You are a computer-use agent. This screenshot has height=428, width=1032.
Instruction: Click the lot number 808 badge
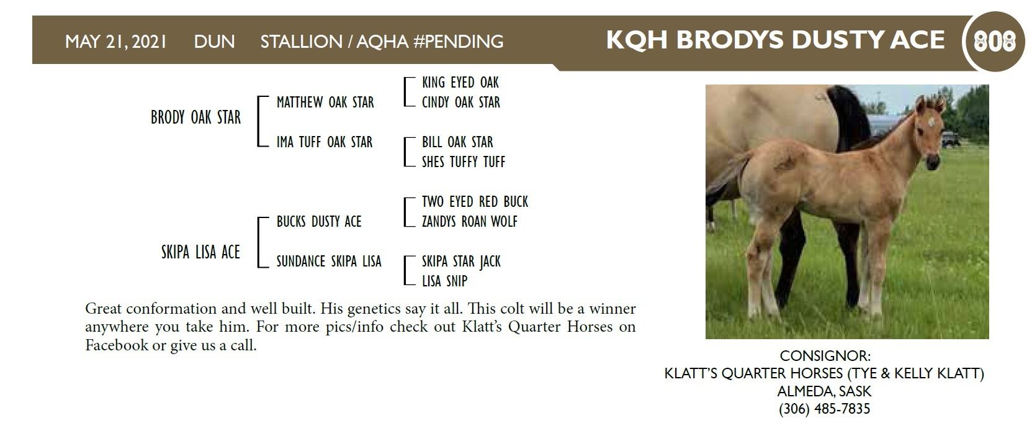(994, 42)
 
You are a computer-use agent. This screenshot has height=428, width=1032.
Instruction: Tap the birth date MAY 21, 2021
(115, 42)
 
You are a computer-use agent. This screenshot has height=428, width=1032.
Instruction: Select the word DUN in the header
(214, 42)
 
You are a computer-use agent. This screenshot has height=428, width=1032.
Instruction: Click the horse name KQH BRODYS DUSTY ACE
(775, 40)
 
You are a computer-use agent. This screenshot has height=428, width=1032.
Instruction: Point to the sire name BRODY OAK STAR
(196, 117)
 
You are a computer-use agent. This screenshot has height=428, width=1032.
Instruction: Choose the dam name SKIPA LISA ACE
(200, 252)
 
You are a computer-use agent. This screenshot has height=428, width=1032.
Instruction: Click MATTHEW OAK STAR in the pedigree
(325, 102)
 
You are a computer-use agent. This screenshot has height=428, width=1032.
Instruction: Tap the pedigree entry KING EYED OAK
(460, 82)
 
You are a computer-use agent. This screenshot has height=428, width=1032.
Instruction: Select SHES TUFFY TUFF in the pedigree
(464, 162)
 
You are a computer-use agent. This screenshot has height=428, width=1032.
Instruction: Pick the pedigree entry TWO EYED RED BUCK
(475, 201)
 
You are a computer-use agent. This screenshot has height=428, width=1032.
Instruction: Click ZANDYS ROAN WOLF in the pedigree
(470, 221)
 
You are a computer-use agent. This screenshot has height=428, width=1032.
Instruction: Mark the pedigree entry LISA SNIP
(444, 280)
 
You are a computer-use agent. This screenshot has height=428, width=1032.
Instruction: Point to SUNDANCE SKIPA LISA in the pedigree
(329, 261)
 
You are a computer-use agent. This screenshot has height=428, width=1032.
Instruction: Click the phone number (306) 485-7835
(824, 409)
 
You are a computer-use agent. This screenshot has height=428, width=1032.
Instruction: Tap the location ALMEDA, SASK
(824, 391)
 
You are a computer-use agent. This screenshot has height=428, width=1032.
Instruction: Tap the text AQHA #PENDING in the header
(430, 42)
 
